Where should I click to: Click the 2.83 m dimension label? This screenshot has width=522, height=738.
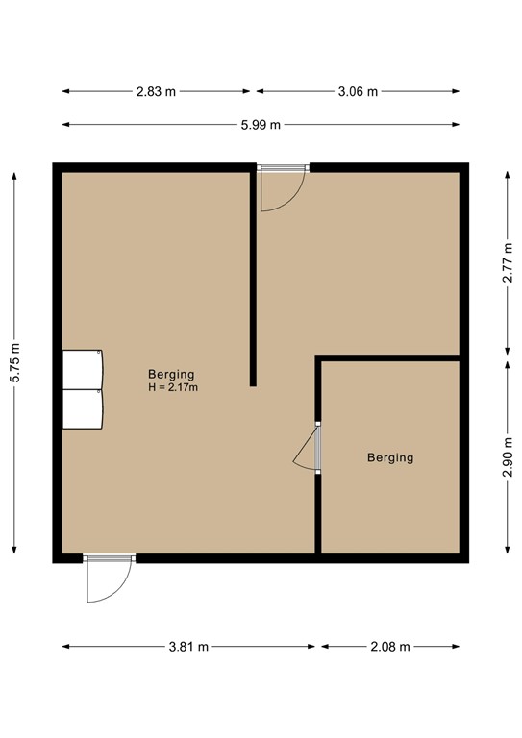click(x=157, y=92)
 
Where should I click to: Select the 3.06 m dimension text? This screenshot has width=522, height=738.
click(x=358, y=92)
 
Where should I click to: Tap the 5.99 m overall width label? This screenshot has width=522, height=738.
click(x=261, y=125)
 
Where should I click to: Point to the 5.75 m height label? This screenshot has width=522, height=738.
click(x=13, y=364)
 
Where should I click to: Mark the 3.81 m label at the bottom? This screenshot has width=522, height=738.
click(x=188, y=647)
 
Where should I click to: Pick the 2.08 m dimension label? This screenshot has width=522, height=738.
click(x=389, y=647)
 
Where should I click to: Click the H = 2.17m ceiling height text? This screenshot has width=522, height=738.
click(x=173, y=387)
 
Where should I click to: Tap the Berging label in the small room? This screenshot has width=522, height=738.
click(x=390, y=457)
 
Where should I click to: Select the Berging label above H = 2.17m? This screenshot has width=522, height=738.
click(x=172, y=374)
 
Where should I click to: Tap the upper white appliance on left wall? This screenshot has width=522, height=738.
click(x=83, y=369)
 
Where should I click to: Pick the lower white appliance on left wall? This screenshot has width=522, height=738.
click(x=83, y=408)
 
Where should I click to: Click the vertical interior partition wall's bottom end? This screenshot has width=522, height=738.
click(x=253, y=382)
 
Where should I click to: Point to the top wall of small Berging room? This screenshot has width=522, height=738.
click(x=389, y=358)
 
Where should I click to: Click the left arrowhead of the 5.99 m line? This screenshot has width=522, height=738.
click(x=65, y=125)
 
